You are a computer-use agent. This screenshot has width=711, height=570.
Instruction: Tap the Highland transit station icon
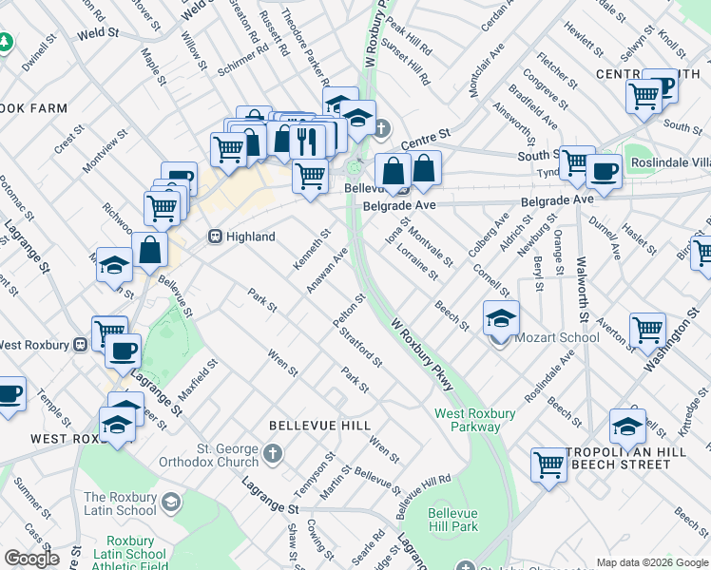pyautogui.click(x=216, y=237)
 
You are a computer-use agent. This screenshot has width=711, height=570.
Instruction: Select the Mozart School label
pyautogui.click(x=560, y=337)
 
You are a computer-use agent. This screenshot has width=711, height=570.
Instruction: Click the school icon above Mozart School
pyautogui.click(x=501, y=318)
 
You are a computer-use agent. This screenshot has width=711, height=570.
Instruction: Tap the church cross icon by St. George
pyautogui.click(x=274, y=453)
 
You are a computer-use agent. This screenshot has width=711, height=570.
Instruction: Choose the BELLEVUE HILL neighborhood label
pyautogui.click(x=318, y=426)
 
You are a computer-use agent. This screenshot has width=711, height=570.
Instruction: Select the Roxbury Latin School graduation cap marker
pyautogui.click(x=171, y=501)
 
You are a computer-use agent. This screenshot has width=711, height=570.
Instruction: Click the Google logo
pyautogui.click(x=31, y=559)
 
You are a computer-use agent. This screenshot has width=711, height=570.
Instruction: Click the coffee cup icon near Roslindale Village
pyautogui.click(x=604, y=172)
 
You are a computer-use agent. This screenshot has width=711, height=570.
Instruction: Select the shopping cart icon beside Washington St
pyautogui.click(x=646, y=330)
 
